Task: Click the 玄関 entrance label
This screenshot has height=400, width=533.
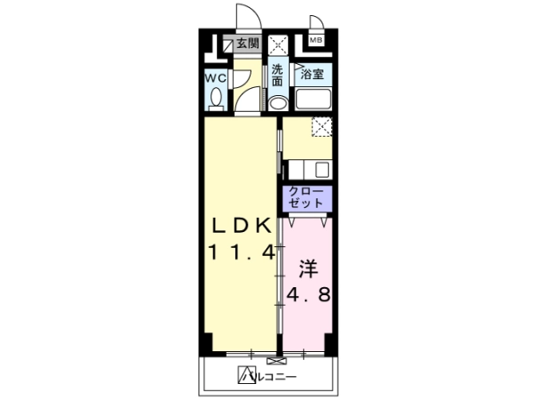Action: tap(248, 44)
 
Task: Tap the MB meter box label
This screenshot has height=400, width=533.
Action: tap(315, 40)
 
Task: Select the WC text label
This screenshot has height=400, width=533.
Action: tap(216, 78)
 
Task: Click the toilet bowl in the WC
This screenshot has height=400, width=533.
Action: tap(216, 99)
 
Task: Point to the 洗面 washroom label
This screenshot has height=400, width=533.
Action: tap(277, 76)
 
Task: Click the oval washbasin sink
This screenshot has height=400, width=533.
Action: tap(278, 103)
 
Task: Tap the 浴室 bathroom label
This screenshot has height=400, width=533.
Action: tap(312, 74)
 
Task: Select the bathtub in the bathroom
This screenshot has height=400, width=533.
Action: tap(313, 99)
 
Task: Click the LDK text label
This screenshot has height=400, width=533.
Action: tap(242, 225)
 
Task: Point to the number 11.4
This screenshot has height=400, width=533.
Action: tap(242, 252)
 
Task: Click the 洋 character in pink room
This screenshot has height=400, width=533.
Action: tap(308, 268)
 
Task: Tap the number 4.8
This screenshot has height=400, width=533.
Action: tap(308, 294)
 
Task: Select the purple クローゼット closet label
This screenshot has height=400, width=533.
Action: tap(306, 197)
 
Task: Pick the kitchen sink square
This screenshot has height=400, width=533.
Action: tap(322, 170)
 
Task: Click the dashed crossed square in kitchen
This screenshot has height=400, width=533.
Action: tap(322, 127)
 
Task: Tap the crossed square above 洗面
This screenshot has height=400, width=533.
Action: tap(278, 44)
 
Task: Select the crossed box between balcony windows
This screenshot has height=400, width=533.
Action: tap(274, 361)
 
